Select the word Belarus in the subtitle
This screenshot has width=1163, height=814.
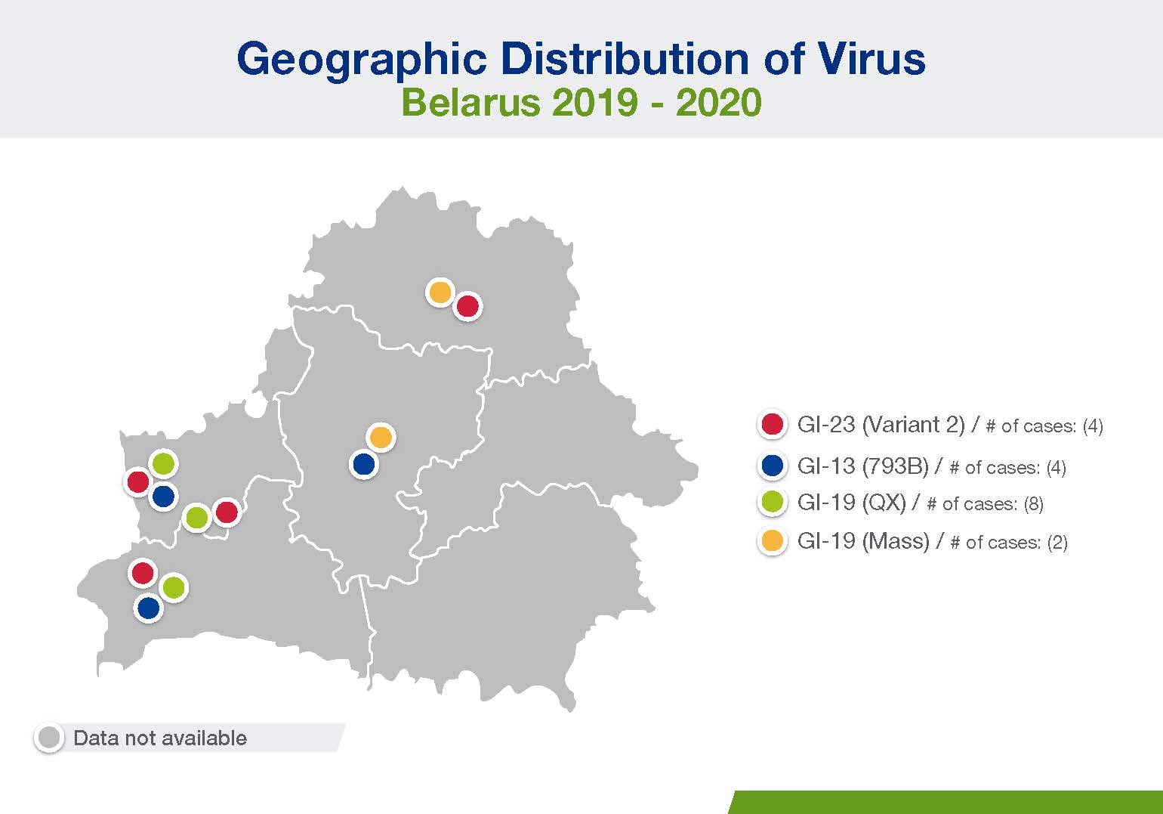pos(470,102)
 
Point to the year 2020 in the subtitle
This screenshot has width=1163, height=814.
pos(719,102)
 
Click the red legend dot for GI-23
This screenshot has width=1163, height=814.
pos(772,424)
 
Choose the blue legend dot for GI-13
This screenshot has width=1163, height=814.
pos(772,466)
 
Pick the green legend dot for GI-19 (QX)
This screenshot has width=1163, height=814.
pos(772,502)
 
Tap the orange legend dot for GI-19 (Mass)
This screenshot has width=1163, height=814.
pos(772,540)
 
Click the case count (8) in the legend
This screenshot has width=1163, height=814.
pos(1033,504)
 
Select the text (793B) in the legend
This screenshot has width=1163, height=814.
pos(895,466)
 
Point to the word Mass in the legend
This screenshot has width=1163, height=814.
pos(896,542)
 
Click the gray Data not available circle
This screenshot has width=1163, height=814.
pos(49,738)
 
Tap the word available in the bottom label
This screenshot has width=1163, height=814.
pos(211,738)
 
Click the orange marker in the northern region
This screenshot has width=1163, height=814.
pos(440,292)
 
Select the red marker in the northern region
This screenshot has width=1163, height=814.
pos(467,306)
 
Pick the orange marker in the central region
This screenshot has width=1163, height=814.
pos(381,437)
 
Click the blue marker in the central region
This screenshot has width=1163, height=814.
pos(363,464)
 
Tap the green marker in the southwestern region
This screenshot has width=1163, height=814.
pos(174,587)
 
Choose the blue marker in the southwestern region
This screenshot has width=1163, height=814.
pos(149,607)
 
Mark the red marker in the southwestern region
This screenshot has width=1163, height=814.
pos(143,572)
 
